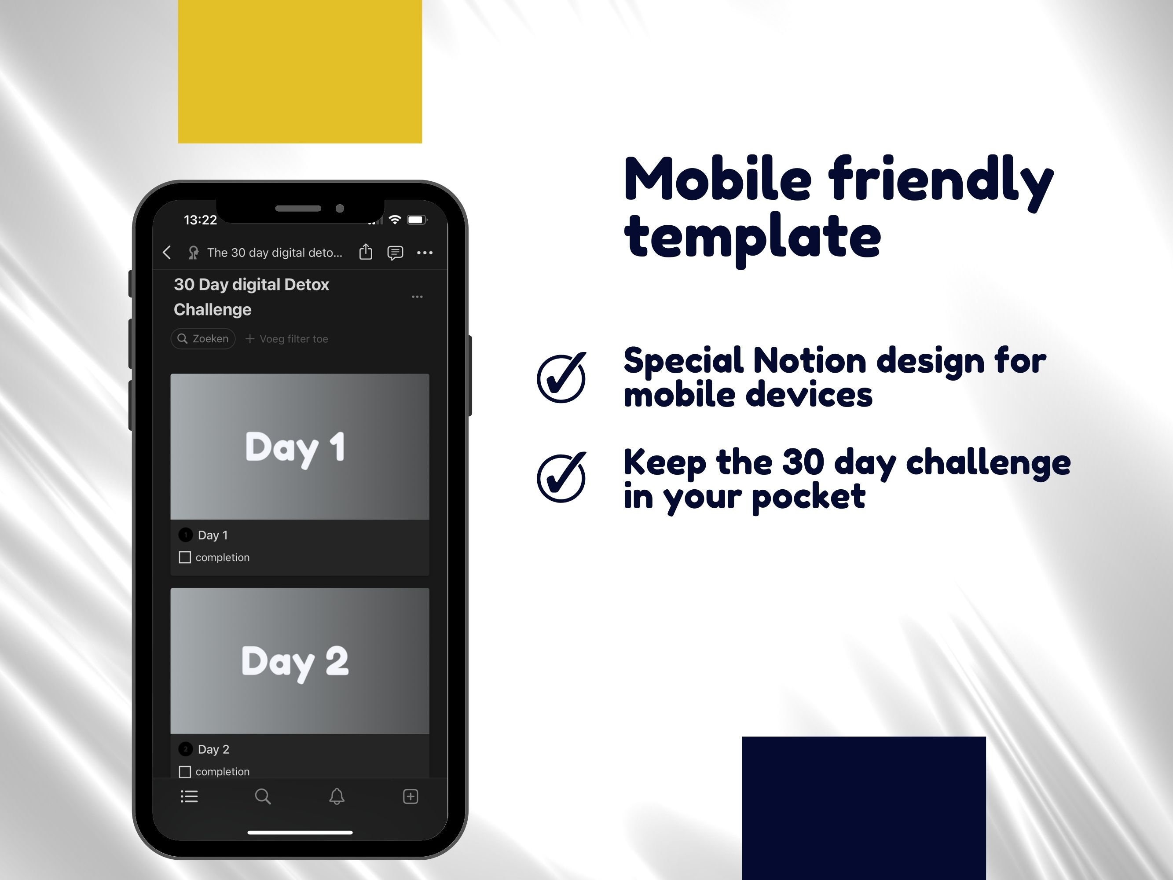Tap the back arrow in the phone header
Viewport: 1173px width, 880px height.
167,253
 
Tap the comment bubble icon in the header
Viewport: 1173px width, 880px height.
395,253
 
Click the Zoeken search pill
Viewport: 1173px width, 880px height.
203,338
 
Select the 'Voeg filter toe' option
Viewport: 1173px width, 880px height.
287,339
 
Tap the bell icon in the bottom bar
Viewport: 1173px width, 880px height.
337,796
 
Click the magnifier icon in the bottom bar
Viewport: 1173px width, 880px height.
263,796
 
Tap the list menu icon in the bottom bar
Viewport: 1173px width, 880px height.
189,796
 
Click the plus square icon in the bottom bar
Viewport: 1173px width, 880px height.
411,796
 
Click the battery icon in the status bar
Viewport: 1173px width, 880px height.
417,220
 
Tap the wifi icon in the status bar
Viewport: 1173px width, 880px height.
395,220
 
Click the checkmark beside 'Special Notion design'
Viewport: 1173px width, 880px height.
561,378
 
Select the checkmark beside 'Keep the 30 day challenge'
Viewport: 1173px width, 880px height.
561,477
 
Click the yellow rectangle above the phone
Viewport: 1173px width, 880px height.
300,71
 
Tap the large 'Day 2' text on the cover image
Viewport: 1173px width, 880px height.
295,661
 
